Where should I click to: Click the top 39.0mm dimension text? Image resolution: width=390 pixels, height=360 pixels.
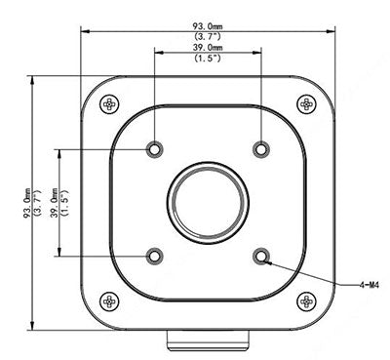[207, 47]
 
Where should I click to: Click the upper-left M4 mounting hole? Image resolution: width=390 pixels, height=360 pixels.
[154, 149]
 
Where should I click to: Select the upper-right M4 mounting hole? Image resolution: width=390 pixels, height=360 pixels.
[259, 149]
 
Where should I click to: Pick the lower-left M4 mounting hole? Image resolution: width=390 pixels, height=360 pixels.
[154, 256]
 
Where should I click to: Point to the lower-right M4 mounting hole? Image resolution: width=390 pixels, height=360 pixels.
[259, 256]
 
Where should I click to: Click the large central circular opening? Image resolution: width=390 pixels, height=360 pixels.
[207, 202]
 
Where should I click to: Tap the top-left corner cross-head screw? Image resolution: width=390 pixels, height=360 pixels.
[109, 101]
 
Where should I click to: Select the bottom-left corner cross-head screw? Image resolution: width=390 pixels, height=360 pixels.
[109, 301]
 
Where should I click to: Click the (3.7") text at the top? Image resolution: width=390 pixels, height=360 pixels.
[206, 35]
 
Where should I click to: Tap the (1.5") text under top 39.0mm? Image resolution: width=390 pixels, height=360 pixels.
[207, 58]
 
